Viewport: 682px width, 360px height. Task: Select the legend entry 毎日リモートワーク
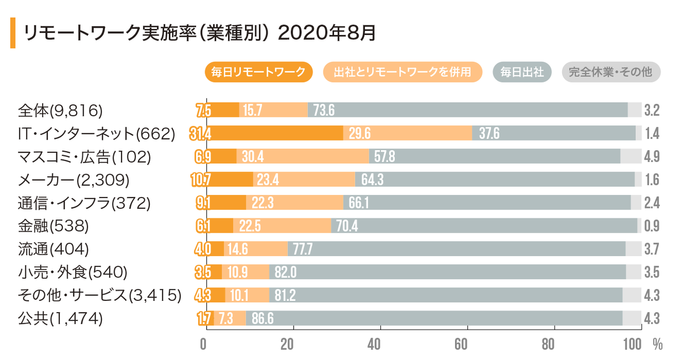258,72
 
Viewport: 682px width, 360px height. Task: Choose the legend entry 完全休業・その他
611,72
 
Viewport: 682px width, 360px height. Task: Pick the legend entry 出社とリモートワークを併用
403,72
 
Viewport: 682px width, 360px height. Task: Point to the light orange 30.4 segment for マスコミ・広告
302,156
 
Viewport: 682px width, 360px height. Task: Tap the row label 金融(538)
53,226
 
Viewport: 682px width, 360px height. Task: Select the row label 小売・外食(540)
72,272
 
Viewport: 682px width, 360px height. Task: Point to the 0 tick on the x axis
204,344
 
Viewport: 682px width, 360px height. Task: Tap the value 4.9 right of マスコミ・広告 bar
652,156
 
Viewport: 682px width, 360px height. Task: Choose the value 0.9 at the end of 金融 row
652,226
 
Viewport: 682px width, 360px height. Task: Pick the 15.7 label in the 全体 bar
253,110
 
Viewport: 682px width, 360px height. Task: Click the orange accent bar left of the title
12,33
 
